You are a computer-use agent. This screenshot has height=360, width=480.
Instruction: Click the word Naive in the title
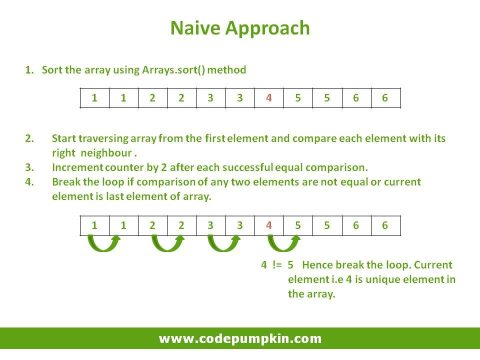[x=195, y=28]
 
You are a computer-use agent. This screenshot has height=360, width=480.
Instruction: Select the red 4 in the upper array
[x=269, y=98]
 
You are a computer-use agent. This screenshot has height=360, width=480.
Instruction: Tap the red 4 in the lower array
[x=269, y=225]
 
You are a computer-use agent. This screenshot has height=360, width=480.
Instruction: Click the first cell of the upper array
[x=94, y=98]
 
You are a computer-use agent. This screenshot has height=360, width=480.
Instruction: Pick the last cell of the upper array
[x=385, y=98]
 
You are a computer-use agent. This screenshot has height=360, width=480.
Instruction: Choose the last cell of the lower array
[x=385, y=225]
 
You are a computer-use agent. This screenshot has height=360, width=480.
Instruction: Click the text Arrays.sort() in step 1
[x=173, y=70]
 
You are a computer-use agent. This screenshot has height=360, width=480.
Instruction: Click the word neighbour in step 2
[x=106, y=153]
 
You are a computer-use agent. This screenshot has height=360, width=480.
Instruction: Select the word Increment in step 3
[x=77, y=167]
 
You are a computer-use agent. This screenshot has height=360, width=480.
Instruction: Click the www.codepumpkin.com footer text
[x=240, y=338]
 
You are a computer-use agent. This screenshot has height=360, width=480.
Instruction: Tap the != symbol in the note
[x=277, y=264]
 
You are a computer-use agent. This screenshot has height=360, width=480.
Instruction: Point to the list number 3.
[x=29, y=167]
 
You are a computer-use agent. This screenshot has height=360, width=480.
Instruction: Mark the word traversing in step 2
[x=103, y=138]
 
